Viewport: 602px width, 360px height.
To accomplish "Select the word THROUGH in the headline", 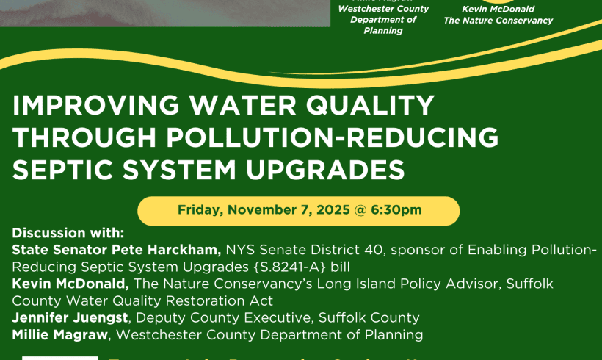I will tap(85, 138).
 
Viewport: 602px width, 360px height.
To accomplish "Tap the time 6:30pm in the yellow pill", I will tap(396, 210).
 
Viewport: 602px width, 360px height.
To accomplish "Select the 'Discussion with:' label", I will tap(68, 233).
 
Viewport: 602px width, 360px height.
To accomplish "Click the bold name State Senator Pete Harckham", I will tap(117, 250).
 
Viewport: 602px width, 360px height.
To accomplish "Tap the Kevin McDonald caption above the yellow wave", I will tap(498, 9).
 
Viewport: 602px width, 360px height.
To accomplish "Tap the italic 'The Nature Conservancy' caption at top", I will tap(498, 21).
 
